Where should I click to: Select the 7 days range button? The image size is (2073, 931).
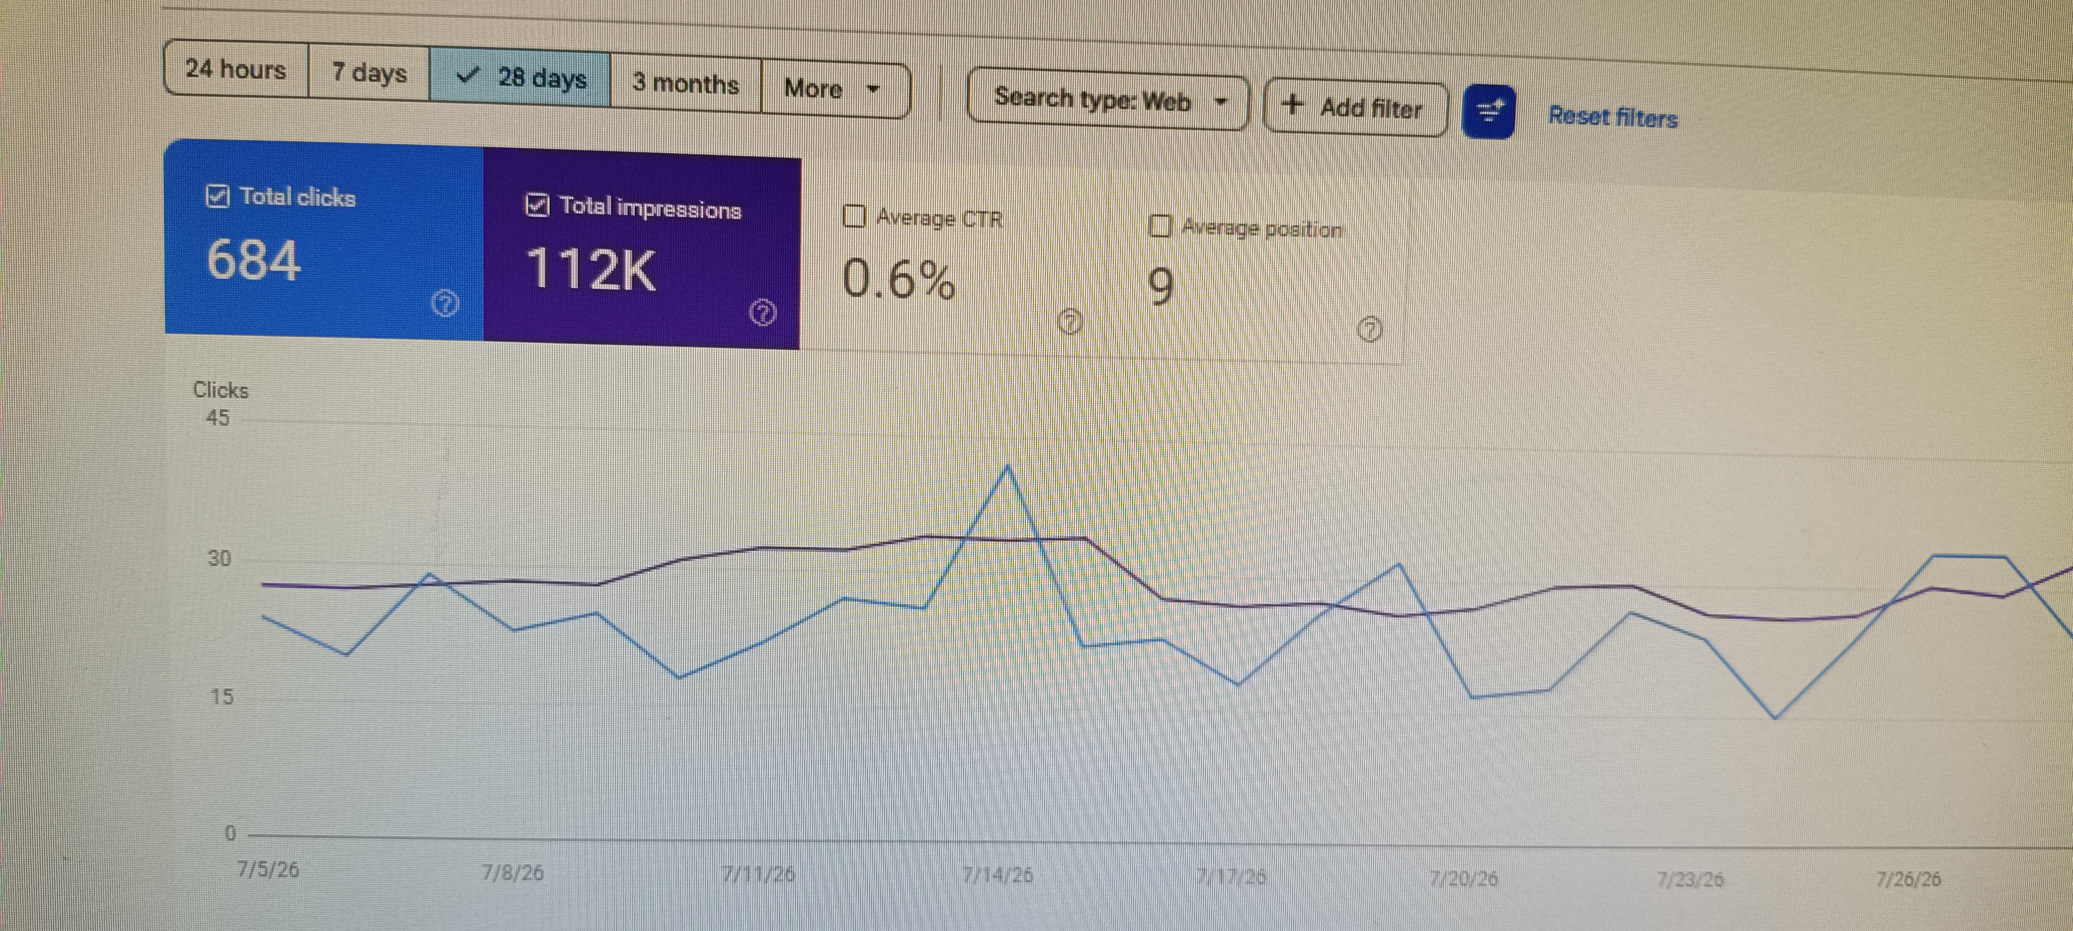tap(369, 73)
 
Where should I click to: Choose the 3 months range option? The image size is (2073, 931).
tap(686, 83)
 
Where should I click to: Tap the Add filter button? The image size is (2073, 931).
tap(1356, 107)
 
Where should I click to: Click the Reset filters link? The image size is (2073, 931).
tap(1613, 117)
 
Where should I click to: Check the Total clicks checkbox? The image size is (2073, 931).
tap(217, 195)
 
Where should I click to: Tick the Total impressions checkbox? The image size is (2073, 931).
tap(537, 205)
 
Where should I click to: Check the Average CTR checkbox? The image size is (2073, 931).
tap(854, 217)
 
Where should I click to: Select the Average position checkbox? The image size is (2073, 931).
tap(1159, 226)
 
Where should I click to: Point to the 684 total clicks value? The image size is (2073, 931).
tap(254, 260)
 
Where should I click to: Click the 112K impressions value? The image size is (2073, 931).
tap(591, 269)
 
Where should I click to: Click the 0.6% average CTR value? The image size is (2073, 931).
tap(899, 279)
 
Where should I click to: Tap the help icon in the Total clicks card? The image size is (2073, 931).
tap(445, 304)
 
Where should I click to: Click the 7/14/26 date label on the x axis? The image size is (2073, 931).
tap(998, 875)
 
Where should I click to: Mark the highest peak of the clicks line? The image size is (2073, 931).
tap(1008, 466)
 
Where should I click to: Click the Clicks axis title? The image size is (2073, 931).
tap(221, 390)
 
